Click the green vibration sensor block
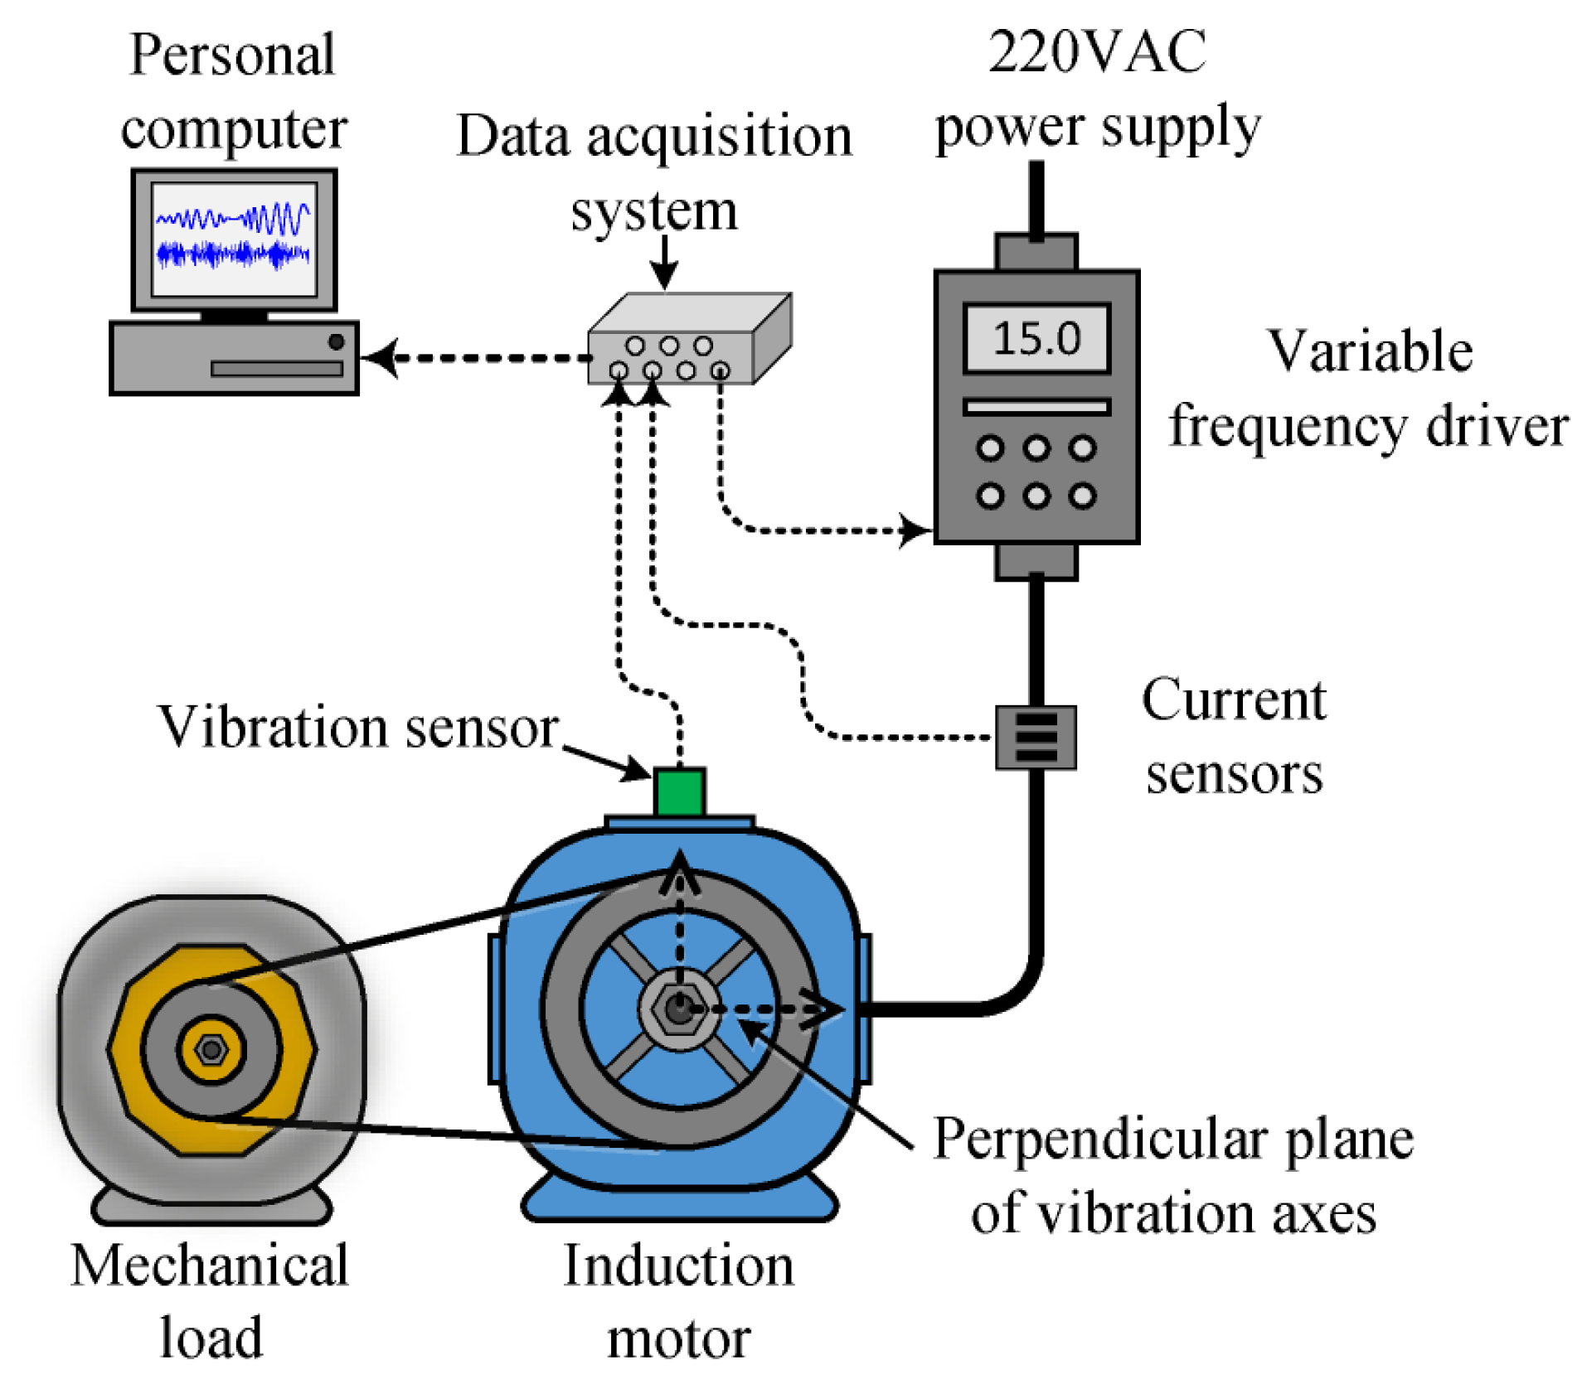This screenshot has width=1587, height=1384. click(679, 791)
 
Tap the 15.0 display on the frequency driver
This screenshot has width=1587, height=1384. click(1036, 338)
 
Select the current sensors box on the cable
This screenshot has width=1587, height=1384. click(1036, 737)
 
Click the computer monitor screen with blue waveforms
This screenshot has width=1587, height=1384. click(234, 239)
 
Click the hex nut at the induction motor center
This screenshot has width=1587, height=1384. click(679, 1009)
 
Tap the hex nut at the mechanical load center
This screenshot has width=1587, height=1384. click(211, 1049)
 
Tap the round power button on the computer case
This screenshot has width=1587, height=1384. click(336, 341)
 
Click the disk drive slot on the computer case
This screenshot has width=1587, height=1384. click(276, 369)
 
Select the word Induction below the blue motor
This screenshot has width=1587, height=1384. click(678, 1266)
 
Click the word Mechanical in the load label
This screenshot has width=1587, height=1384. click(210, 1266)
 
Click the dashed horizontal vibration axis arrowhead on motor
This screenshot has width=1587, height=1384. click(825, 1009)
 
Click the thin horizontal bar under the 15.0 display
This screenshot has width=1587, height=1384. click(1036, 407)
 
